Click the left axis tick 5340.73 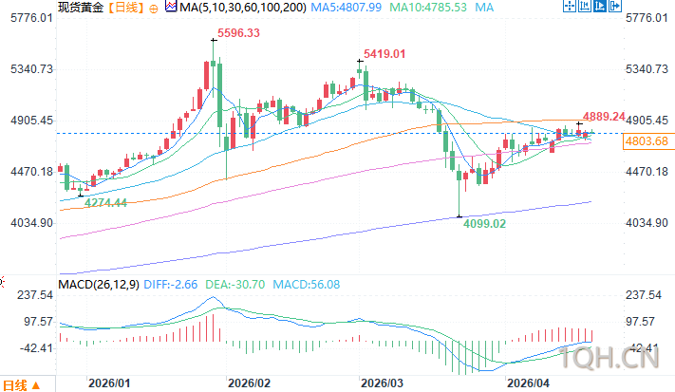pos(27,69)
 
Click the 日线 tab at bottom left pos(17,384)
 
